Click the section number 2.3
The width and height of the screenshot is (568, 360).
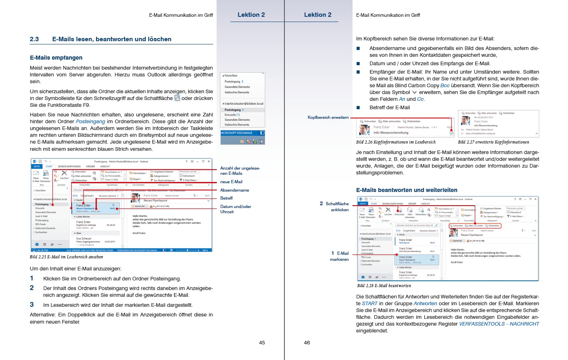pos(34,39)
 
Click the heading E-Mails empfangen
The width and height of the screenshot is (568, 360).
pos(56,58)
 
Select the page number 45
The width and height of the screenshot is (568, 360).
pos(262,342)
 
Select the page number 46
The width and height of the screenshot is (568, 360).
pos(307,342)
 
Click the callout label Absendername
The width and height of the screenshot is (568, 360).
pos(234,190)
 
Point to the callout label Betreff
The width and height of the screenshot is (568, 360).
pos(226,198)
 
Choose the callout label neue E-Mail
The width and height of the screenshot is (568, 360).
pos(231,182)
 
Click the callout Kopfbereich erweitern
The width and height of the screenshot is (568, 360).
pos(328,118)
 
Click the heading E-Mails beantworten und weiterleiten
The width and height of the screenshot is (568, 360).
pos(406,190)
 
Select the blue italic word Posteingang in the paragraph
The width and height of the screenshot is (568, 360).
pos(90,122)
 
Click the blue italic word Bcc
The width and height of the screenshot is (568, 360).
pos(445,86)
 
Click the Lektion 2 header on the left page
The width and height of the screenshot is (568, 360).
pos(251,15)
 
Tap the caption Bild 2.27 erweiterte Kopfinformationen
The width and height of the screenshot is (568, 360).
pos(493,142)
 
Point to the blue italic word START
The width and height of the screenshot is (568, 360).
pos(370,304)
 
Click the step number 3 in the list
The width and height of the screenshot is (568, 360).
pos(32,305)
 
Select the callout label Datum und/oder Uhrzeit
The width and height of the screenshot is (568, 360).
pos(236,209)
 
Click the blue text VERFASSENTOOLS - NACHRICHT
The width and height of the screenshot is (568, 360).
pos(499,324)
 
